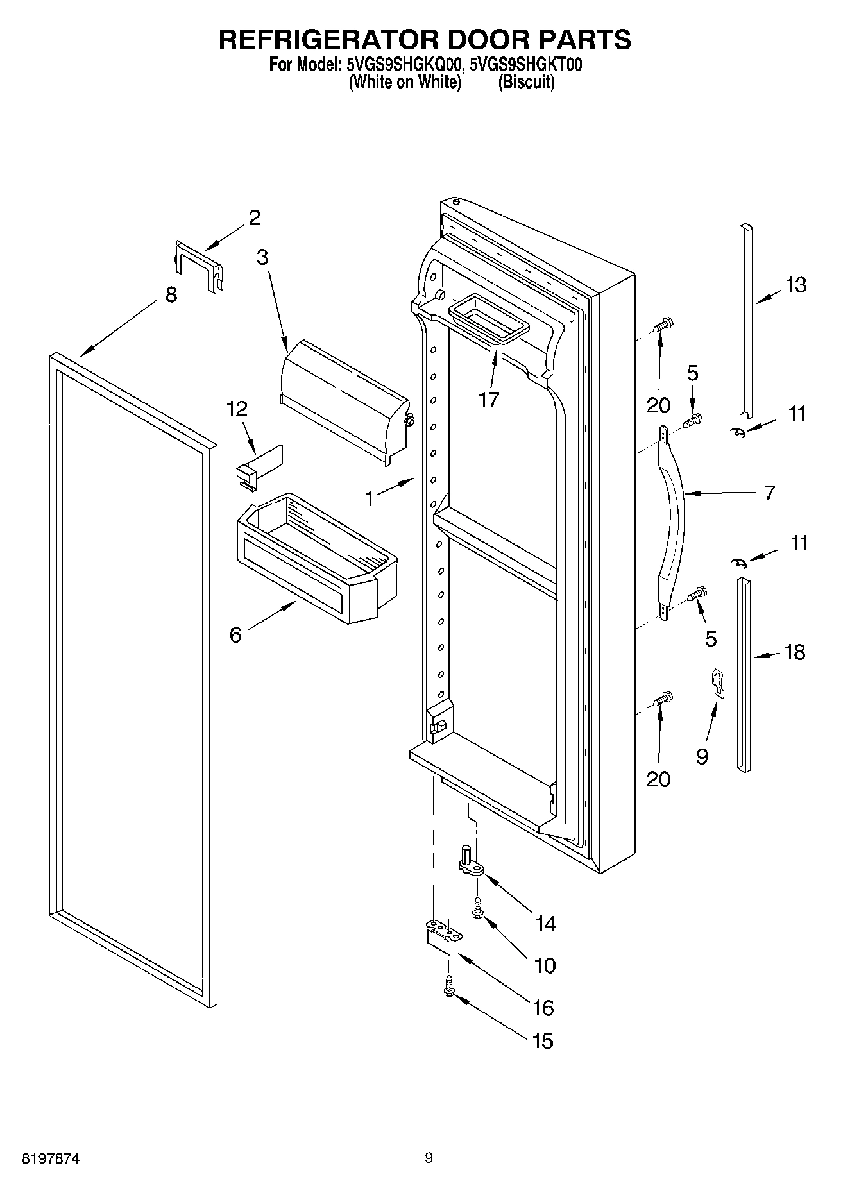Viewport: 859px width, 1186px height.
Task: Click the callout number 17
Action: tap(488, 400)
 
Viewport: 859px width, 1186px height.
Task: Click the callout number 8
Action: tap(171, 296)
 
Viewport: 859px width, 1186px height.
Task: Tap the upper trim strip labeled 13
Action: tap(745, 321)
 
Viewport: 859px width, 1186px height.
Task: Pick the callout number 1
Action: tap(370, 498)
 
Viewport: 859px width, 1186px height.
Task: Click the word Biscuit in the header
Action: tap(526, 82)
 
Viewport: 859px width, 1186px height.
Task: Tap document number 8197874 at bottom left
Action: tap(51, 1157)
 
